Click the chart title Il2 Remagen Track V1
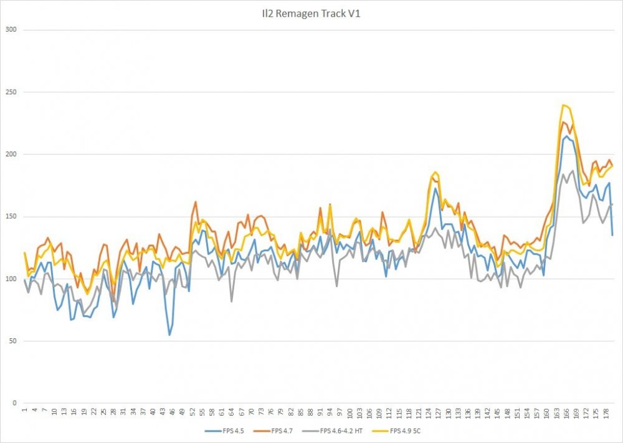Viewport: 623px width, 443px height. pyautogui.click(x=311, y=13)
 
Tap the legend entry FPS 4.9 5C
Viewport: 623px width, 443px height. pyautogui.click(x=407, y=430)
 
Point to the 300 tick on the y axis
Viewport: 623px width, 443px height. pyautogui.click(x=11, y=30)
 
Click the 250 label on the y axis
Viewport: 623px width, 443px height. pyautogui.click(x=11, y=92)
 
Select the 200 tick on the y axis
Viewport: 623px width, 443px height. pyautogui.click(x=11, y=155)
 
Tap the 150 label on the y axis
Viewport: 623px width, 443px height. pyautogui.click(x=11, y=217)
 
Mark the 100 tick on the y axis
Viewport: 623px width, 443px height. pyautogui.click(x=11, y=279)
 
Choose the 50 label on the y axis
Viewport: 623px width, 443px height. pyautogui.click(x=12, y=341)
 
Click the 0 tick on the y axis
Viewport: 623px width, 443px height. pyautogui.click(x=14, y=404)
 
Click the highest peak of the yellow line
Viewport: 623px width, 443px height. pyautogui.click(x=563, y=105)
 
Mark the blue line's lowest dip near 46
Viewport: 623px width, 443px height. pyautogui.click(x=169, y=335)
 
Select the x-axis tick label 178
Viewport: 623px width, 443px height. pyautogui.click(x=605, y=414)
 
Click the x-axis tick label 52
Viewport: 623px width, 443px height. pyautogui.click(x=193, y=412)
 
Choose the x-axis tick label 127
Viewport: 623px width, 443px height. pyautogui.click(x=438, y=414)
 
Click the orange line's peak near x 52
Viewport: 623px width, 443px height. pyautogui.click(x=196, y=201)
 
